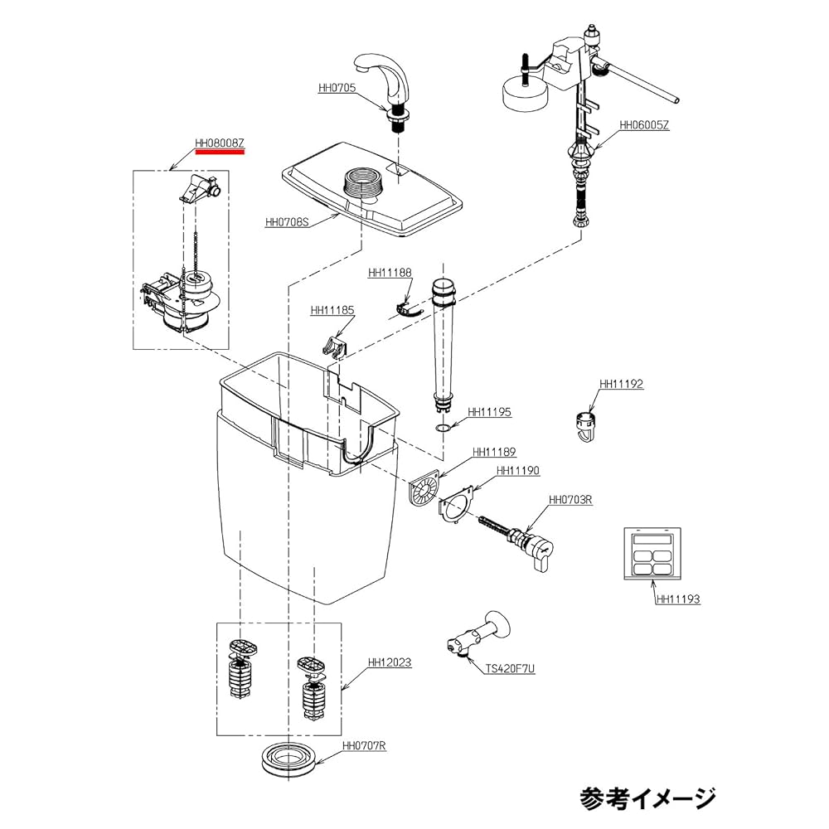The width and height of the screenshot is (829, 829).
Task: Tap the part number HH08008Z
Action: coord(220,143)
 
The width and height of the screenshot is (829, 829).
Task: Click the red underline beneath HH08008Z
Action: coord(220,153)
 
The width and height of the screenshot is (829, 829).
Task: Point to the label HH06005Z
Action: coord(644,126)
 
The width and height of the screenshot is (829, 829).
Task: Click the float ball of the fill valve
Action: coord(527,89)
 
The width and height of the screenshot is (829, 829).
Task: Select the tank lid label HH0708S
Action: coord(287,222)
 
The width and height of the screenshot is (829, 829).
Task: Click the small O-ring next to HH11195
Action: coord(444,428)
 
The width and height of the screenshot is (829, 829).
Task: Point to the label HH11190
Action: coord(518,470)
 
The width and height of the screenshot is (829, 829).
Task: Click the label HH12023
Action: coord(390,663)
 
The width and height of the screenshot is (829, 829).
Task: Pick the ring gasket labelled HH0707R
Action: coord(289,759)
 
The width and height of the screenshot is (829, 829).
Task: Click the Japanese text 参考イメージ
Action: coord(647,797)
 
